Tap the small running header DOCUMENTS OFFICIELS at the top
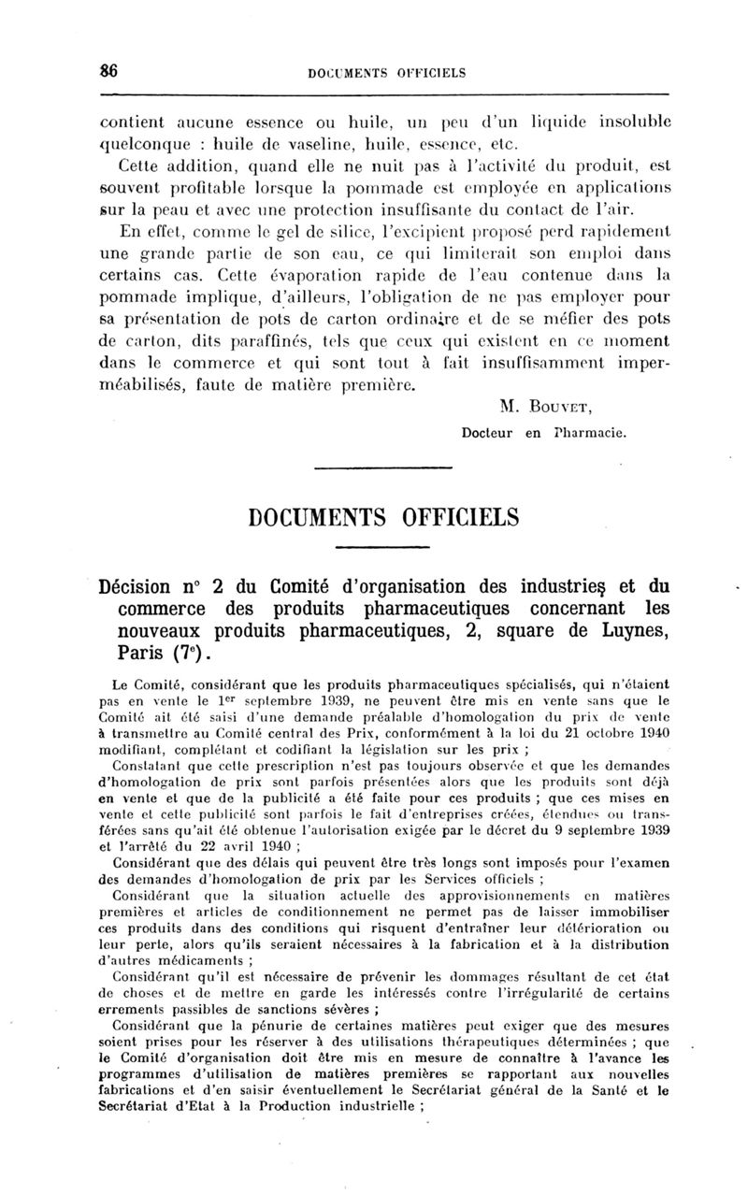pos(385,72)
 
